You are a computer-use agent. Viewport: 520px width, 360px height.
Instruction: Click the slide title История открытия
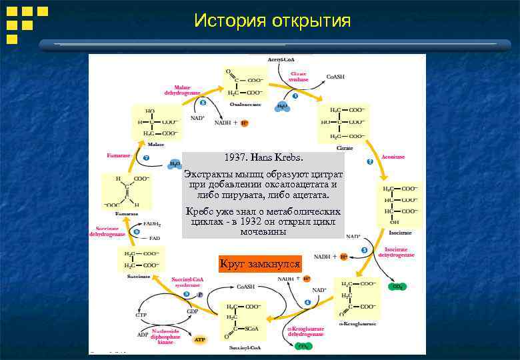pyautogui.click(x=272, y=21)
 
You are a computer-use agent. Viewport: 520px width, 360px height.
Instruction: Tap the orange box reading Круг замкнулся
pyautogui.click(x=260, y=264)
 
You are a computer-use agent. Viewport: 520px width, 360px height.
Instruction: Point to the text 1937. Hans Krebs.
pyautogui.click(x=263, y=159)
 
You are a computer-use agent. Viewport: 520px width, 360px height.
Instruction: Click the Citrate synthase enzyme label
pyautogui.click(x=298, y=77)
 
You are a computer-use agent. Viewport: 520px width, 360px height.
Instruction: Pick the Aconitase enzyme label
pyautogui.click(x=393, y=157)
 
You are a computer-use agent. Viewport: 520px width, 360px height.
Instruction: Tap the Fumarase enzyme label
pyautogui.click(x=119, y=155)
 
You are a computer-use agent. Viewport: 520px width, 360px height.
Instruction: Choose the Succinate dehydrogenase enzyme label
pyautogui.click(x=107, y=231)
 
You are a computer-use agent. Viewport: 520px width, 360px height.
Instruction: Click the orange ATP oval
pyautogui.click(x=200, y=339)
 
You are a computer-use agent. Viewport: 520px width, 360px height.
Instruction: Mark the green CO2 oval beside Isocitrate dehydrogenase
pyautogui.click(x=398, y=287)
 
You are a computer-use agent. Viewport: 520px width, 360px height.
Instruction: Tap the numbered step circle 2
pyautogui.click(x=370, y=162)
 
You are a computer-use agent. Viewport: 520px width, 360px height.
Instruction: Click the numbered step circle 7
pyautogui.click(x=146, y=159)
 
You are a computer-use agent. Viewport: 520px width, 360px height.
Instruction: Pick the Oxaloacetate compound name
pyautogui.click(x=245, y=104)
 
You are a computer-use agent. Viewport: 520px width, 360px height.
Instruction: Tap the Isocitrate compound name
pyautogui.click(x=399, y=233)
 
